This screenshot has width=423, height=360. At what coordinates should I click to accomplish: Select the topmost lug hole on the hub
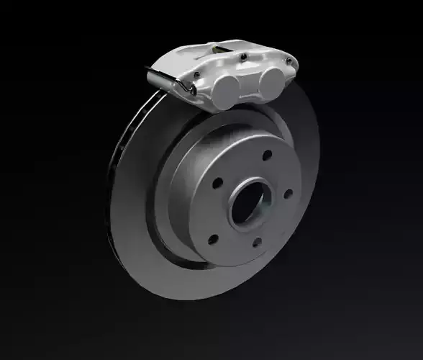267,155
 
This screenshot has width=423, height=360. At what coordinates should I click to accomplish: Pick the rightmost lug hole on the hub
288,193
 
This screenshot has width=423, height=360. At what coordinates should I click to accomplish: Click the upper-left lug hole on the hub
217,183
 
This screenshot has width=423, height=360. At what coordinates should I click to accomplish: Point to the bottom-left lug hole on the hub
213,239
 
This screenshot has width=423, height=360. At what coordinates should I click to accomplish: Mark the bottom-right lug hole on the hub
256,242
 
